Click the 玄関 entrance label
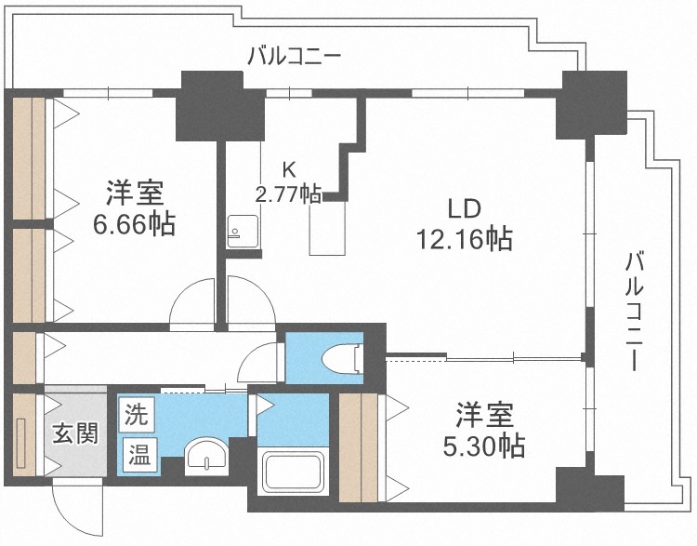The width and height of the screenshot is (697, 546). [74, 434]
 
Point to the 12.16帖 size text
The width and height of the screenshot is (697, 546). [464, 239]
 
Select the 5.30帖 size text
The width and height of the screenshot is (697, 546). [482, 446]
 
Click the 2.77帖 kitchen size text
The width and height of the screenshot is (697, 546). [288, 194]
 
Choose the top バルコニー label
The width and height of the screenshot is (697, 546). [295, 57]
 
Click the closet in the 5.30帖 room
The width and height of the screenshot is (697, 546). [359, 446]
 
